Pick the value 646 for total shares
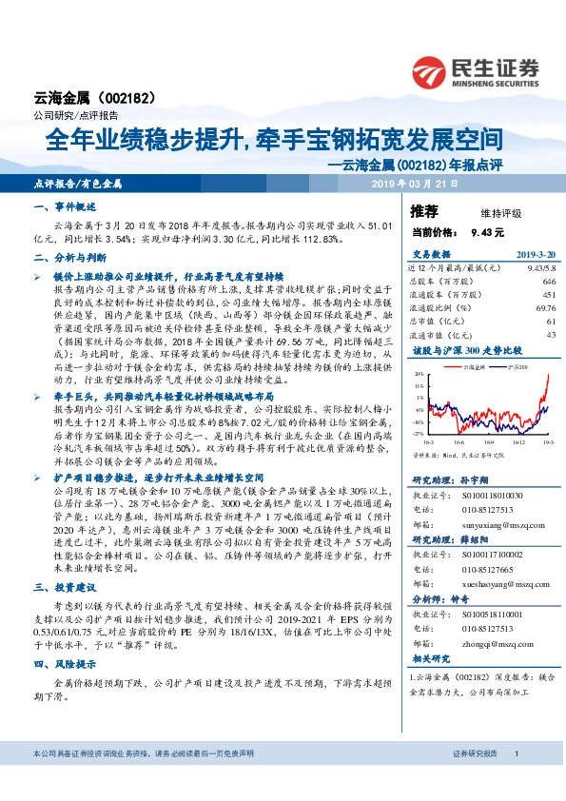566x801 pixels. coord(547,282)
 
